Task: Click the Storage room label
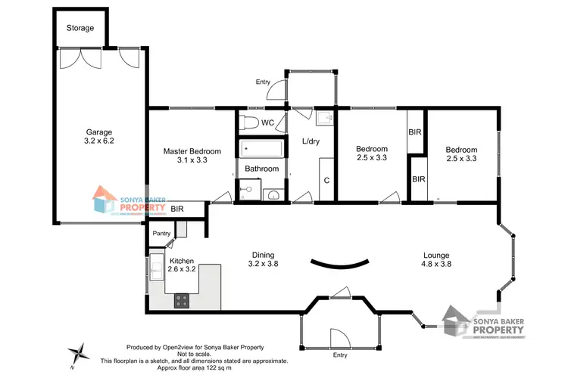(80, 28)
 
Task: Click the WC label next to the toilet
(267, 122)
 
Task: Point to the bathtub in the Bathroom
(261, 148)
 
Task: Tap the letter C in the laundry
(326, 180)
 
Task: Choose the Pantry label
(161, 234)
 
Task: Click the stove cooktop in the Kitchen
(183, 300)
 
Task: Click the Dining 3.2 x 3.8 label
(263, 260)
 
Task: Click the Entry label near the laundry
(263, 82)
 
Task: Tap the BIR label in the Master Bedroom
(176, 209)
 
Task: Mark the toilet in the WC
(249, 122)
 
